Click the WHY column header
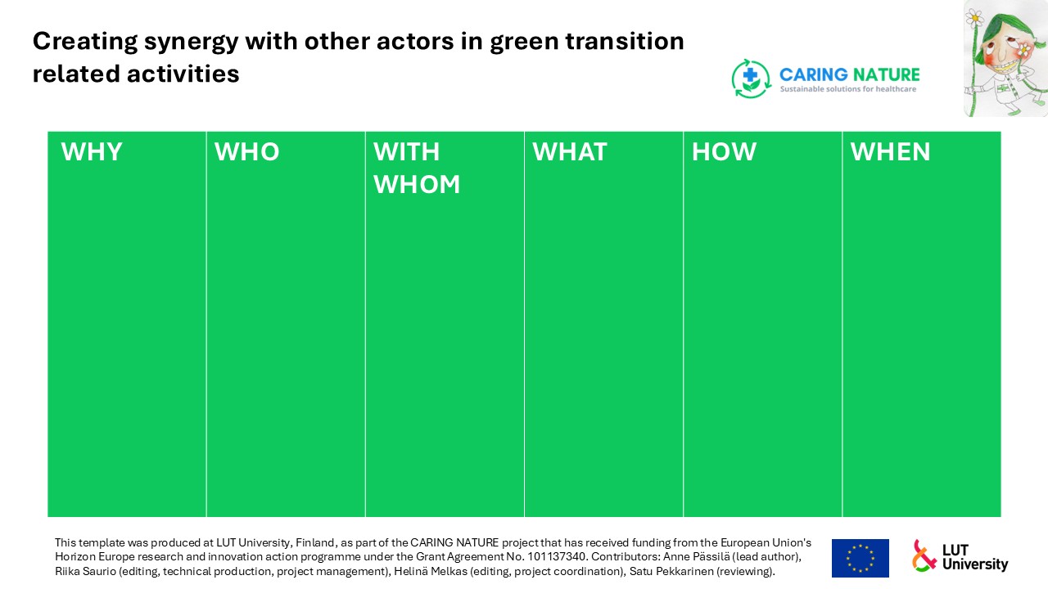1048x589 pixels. (x=92, y=152)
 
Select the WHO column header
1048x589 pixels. (x=247, y=152)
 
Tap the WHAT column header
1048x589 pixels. (x=570, y=152)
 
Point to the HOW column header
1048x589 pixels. (x=725, y=152)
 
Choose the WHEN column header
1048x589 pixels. (x=890, y=152)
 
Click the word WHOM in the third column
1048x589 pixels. (x=417, y=184)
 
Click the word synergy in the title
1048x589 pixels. (x=192, y=42)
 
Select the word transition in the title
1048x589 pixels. (x=625, y=41)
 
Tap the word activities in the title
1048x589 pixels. (x=183, y=74)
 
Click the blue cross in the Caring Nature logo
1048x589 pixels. (x=751, y=74)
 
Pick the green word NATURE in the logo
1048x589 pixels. (x=885, y=74)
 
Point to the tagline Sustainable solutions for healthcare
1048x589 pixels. (x=847, y=89)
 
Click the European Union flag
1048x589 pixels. (x=861, y=558)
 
